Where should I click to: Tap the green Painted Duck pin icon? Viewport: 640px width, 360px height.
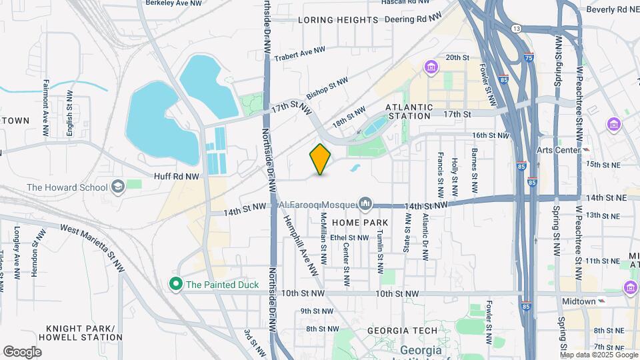(176, 284)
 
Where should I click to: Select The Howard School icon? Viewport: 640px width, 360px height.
(118, 187)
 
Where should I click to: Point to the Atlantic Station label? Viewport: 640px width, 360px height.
(409, 111)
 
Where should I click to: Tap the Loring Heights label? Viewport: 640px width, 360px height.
(338, 20)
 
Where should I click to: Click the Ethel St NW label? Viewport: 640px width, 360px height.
(349, 237)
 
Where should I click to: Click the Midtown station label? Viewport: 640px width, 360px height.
(579, 301)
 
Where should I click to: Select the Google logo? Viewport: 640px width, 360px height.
(22, 351)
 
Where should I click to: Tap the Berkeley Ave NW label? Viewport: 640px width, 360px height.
(173, 3)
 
